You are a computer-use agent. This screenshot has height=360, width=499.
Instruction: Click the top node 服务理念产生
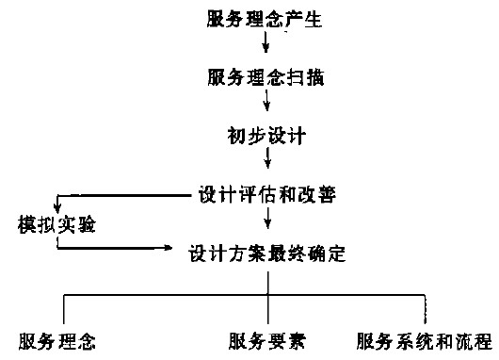click(x=265, y=18)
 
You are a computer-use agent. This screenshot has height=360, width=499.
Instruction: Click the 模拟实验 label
click(x=57, y=225)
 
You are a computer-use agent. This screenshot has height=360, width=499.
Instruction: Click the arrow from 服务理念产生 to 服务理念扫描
click(x=266, y=43)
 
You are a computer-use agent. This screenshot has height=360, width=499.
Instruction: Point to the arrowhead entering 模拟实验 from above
click(x=57, y=209)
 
